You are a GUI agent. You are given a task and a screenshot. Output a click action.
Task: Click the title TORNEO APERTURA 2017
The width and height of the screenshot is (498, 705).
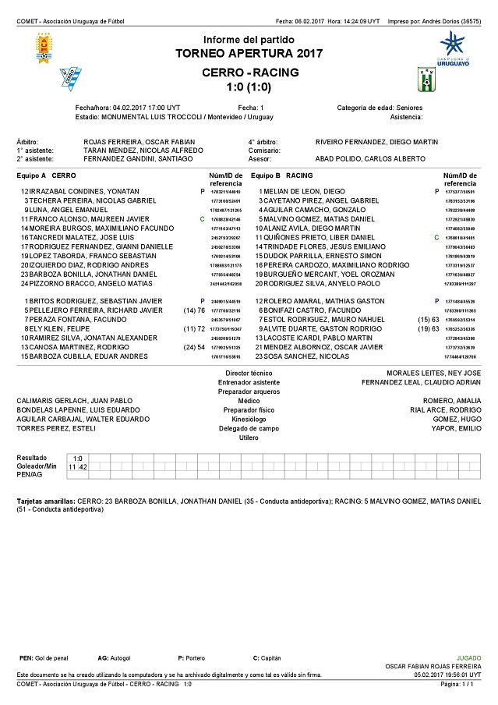point(249,54)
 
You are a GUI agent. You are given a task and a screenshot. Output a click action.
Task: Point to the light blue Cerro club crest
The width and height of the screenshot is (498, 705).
point(72,78)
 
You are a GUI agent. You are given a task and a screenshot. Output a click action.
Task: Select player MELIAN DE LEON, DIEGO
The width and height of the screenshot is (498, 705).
point(306,191)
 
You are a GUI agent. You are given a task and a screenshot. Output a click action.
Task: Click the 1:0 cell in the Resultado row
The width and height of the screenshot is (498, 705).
point(78,458)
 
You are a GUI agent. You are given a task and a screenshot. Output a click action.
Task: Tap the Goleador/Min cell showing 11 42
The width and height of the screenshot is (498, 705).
point(78,466)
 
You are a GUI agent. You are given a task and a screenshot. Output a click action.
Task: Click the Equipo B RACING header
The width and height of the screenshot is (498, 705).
point(282,175)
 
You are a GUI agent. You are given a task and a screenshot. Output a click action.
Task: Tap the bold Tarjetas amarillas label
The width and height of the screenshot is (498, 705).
point(47,501)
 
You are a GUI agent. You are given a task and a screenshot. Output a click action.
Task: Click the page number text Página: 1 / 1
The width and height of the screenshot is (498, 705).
point(463,683)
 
